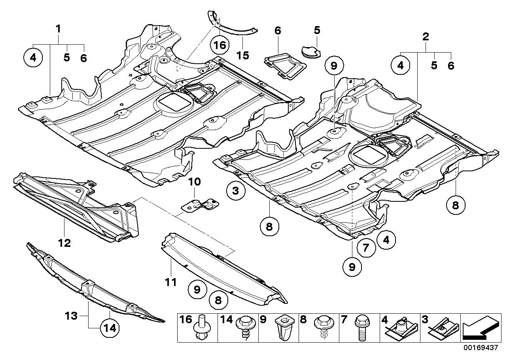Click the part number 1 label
click(x=58, y=29)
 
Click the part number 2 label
click(x=426, y=37)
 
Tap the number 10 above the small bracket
click(x=194, y=182)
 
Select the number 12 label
click(x=64, y=243)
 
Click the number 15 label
click(x=243, y=55)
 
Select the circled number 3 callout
click(x=236, y=192)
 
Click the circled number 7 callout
click(x=366, y=248)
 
